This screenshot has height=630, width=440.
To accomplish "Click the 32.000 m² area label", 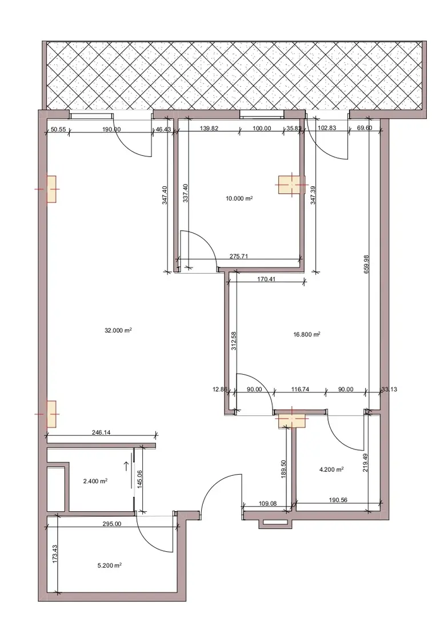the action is [x=118, y=331].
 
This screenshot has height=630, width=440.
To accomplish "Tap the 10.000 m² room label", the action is [x=239, y=199].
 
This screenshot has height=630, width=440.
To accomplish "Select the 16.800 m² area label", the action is [x=307, y=334].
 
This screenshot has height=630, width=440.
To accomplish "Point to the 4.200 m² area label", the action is [x=331, y=470].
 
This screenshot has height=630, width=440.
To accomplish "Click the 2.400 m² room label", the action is [x=95, y=481].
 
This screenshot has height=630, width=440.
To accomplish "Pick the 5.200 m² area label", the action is [x=110, y=565].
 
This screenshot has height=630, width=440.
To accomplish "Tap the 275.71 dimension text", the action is [x=238, y=256].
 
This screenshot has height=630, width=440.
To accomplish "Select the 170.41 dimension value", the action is [x=266, y=279].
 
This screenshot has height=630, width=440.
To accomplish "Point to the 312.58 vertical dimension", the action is [x=234, y=340].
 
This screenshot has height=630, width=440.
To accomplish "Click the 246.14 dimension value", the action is [x=101, y=433].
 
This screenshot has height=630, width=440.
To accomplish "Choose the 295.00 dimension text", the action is [x=111, y=524].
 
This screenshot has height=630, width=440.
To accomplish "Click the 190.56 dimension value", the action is [x=338, y=500].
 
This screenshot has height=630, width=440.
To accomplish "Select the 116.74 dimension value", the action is [x=300, y=390].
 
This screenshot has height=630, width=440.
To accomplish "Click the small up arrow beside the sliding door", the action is [x=127, y=466].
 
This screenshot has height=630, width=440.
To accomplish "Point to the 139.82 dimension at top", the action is [x=209, y=129].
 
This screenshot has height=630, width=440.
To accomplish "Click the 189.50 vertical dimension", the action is [x=283, y=469].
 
